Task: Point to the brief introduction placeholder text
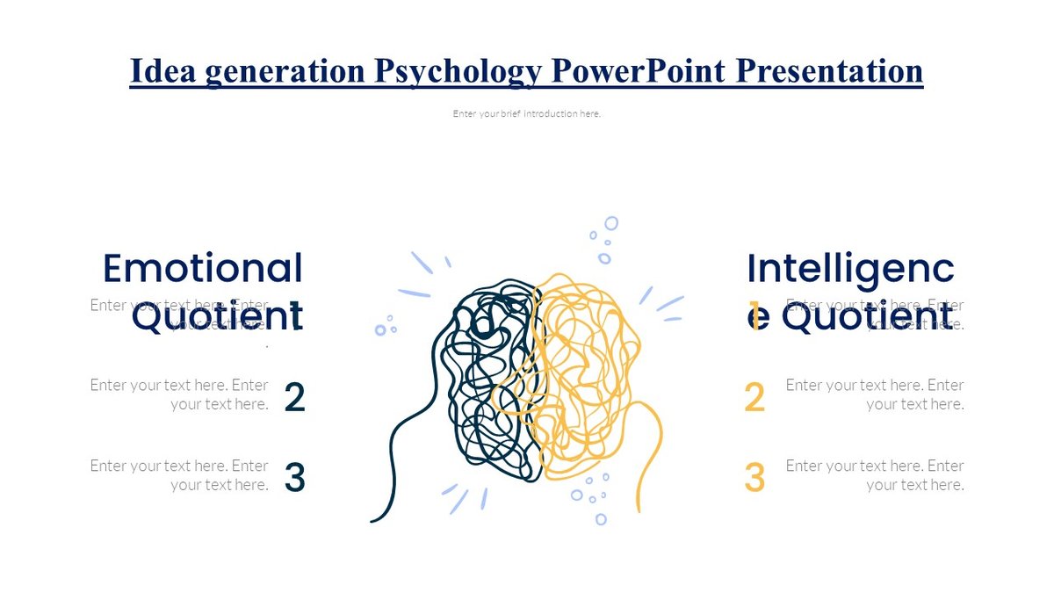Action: coord(527,113)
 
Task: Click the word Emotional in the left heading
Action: coord(203,268)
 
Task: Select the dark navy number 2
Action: coord(295,398)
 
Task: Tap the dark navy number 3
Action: coord(295,478)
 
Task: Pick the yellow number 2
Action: coord(754,398)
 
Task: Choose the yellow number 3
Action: coord(754,478)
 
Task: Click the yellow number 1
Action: coord(754,311)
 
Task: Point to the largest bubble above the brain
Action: coord(611,223)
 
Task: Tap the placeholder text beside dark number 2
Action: coord(179,394)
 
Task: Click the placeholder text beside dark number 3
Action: coord(179,475)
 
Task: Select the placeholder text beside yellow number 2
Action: coord(875,394)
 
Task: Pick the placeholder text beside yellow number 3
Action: coord(875,475)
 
